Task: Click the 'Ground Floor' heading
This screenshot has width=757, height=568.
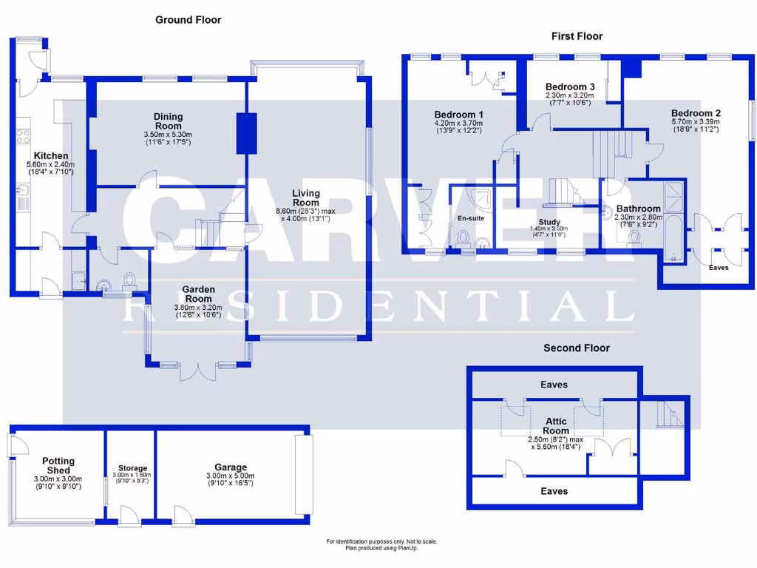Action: click(188, 20)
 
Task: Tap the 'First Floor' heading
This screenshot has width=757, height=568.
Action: click(577, 35)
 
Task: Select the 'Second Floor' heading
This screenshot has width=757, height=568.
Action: click(576, 348)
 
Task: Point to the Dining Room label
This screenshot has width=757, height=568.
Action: click(168, 121)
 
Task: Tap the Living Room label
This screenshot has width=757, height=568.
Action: click(305, 197)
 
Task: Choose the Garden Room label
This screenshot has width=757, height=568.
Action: click(198, 294)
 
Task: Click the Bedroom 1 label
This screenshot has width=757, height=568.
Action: click(458, 115)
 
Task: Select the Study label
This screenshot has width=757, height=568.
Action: click(549, 222)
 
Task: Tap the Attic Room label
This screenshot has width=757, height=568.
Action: click(556, 426)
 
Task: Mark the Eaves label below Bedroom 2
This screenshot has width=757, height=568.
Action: click(719, 267)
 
